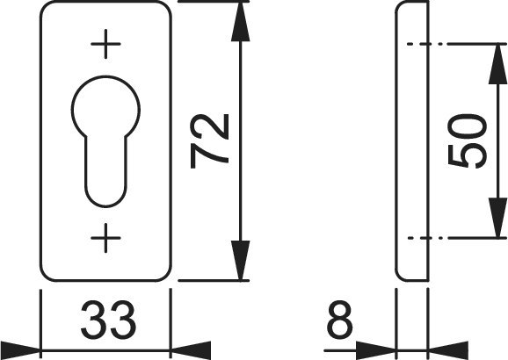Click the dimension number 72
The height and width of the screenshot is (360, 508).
(209, 141)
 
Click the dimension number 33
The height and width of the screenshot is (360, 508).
(108, 320)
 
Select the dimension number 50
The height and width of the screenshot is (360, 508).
(467, 141)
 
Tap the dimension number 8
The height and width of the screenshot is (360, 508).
(339, 320)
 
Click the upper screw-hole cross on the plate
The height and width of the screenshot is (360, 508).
(105, 44)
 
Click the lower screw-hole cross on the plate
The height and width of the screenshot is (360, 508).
(105, 238)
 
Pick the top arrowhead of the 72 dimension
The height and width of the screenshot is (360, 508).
(241, 22)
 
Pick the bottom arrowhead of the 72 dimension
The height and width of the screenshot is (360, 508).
(241, 260)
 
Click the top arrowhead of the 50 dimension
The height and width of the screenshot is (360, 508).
(497, 64)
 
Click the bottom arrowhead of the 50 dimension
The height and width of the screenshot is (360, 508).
(497, 218)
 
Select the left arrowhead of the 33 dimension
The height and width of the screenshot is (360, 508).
(20, 350)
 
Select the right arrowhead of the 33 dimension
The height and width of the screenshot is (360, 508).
(191, 350)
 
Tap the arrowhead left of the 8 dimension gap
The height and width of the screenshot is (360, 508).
(376, 350)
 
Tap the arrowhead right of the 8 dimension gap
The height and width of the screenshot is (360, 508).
(448, 350)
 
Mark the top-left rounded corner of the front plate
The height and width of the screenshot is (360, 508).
(45, 5)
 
